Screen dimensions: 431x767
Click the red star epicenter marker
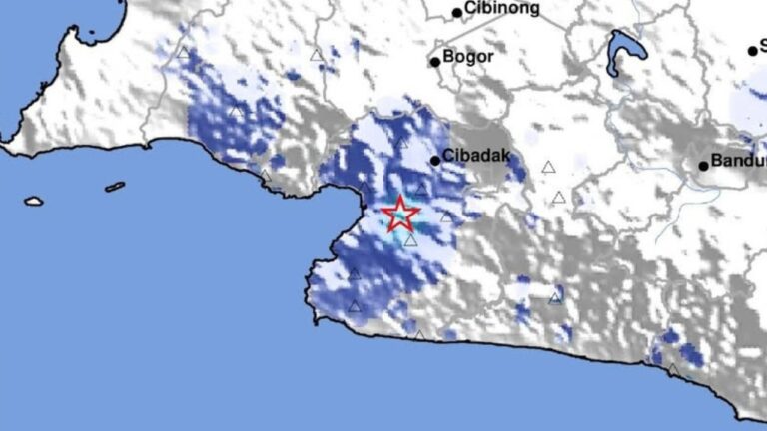pos(398,213)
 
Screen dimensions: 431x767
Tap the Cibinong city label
pos(502,9)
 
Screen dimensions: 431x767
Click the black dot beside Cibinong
pos(457,13)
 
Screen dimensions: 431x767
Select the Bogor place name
pos(469,57)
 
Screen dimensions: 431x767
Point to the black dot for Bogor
pos(435,62)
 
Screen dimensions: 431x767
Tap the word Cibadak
pos(473,158)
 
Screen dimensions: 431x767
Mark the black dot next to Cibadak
pos(435,160)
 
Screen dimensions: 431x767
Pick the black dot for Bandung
pos(703,165)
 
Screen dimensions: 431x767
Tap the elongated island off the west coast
pos(115,187)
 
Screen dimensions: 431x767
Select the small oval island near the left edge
pos(34,201)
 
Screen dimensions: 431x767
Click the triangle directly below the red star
pos(410,240)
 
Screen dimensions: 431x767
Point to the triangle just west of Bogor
pos(317,56)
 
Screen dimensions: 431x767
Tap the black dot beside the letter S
pos(753,51)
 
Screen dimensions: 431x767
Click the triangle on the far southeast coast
pos(673,370)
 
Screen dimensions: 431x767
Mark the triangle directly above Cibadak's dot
pos(400,143)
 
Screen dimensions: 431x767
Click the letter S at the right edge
pos(763,45)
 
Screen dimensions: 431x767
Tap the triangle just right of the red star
pos(446,215)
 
